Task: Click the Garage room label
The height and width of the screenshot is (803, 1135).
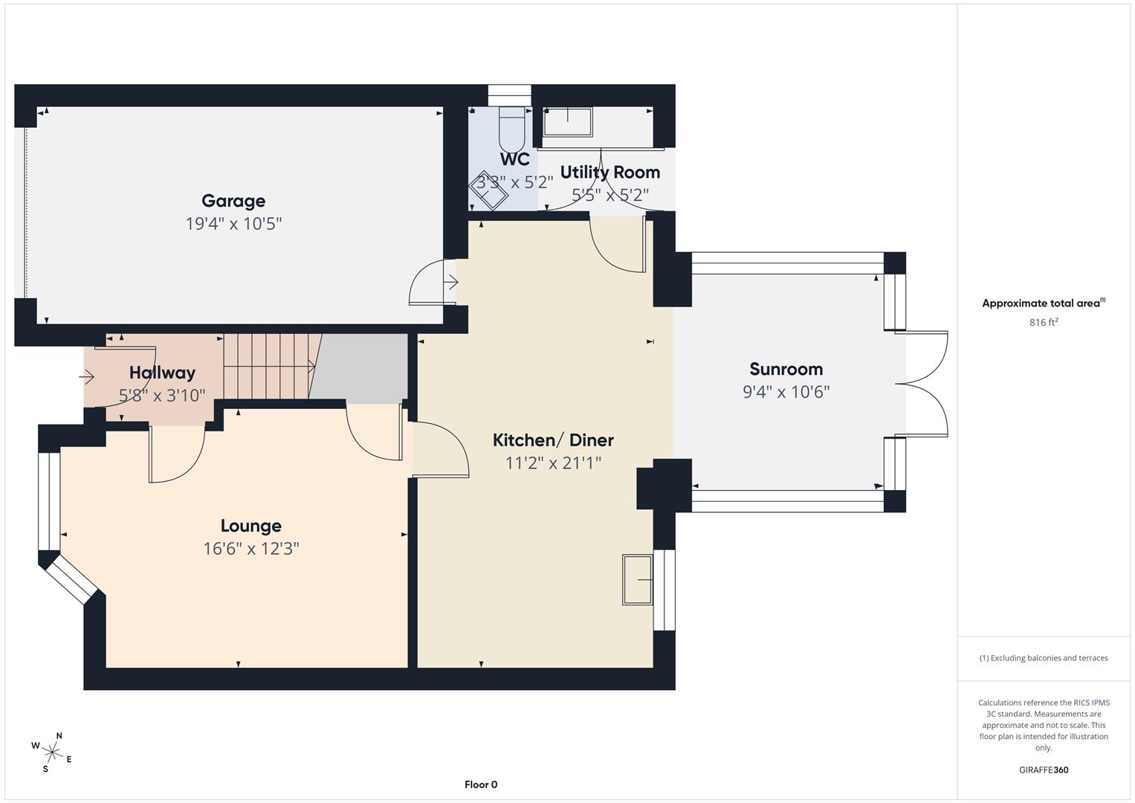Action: pos(233,201)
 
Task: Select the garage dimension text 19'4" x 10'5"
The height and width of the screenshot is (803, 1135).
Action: pos(233,224)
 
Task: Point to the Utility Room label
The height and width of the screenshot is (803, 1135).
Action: pos(609,172)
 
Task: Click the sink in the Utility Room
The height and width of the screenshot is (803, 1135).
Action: pos(568,122)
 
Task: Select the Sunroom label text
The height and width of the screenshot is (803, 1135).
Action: pos(786,370)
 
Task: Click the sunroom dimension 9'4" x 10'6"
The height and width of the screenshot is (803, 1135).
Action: pos(786,392)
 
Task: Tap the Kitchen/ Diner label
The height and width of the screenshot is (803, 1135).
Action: pos(553,440)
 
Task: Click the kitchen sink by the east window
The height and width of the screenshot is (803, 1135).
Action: pos(638,579)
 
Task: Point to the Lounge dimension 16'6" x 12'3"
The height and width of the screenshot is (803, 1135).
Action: pos(251,549)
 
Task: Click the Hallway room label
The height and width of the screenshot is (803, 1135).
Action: pos(162,373)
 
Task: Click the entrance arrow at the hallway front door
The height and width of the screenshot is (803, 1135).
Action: pos(87,378)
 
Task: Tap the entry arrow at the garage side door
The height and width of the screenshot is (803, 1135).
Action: pos(451,283)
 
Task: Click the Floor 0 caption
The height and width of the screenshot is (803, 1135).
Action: pos(481,784)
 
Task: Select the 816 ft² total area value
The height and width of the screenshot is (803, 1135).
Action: pos(1044,323)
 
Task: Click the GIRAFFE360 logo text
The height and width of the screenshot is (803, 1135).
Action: pos(1044,770)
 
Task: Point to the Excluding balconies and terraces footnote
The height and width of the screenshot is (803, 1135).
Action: pos(1044,658)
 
